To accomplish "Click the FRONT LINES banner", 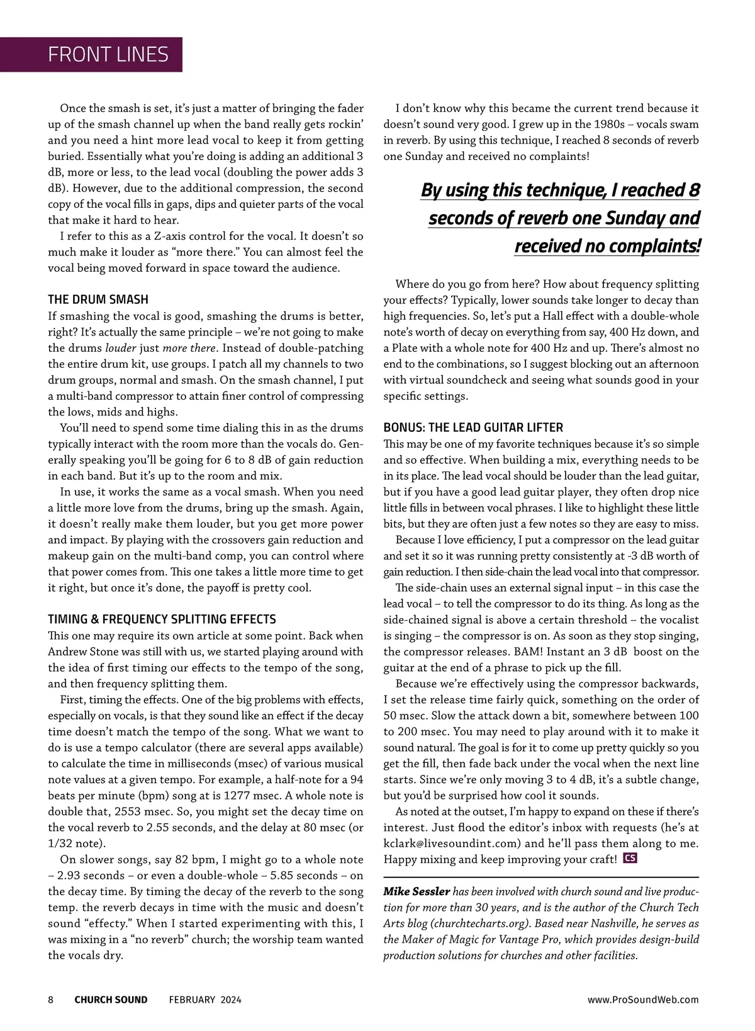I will pos(108,55).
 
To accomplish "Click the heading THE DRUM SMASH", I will pos(98,300).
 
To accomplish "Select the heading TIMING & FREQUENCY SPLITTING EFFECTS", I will pos(162,619).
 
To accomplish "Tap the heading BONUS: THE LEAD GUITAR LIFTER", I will pos(473,427).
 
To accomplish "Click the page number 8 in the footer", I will pos(51,1000).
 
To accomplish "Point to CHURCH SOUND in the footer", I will pos(111,1000).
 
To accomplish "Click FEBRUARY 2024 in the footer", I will pos(205,1000).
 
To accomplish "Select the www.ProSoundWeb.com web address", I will pos(643,1000).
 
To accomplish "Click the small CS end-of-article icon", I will pos(629,858).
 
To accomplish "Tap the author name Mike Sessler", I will pos(417,891).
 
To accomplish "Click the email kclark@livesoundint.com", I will pos(452,843).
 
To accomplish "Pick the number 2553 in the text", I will pos(128,812).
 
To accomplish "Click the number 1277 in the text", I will pos(235,796).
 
